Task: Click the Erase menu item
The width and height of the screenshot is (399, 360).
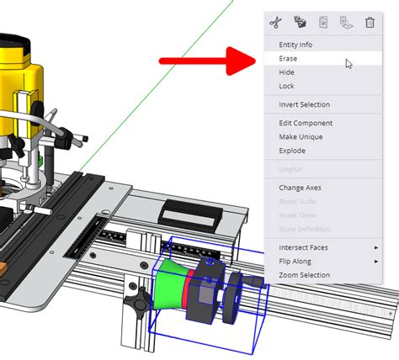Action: [x=288, y=59]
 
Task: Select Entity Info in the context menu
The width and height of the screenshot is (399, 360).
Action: [x=295, y=45]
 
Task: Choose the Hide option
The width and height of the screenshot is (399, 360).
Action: [x=286, y=72]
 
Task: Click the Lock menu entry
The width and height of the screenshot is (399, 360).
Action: [x=286, y=86]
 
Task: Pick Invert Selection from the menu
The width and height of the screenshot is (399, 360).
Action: [x=304, y=104]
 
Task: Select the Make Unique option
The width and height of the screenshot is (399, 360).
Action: [x=301, y=136]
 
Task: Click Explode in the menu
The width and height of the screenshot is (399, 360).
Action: [x=292, y=151]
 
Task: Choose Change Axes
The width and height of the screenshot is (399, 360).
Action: [x=300, y=188]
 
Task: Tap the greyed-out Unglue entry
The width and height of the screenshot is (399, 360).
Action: [x=290, y=169]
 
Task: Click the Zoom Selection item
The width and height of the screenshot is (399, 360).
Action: [x=304, y=275]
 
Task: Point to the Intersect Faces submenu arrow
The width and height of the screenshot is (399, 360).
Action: [x=375, y=247]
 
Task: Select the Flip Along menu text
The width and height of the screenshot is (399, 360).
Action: [x=296, y=262]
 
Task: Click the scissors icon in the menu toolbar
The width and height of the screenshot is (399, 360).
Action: [x=274, y=22]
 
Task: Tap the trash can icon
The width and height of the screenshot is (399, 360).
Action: [x=370, y=22]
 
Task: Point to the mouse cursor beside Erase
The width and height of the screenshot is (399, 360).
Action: [x=348, y=63]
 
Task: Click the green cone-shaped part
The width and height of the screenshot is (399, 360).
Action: [x=172, y=285]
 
